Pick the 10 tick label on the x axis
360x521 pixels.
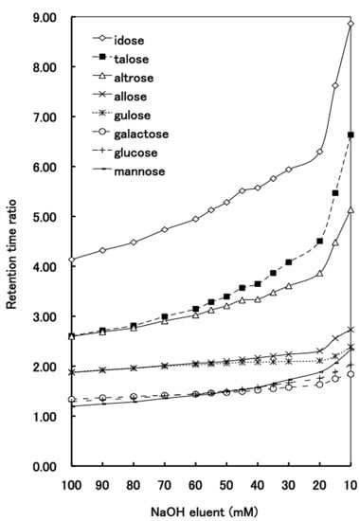click(351, 483)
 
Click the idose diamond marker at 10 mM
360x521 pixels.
click(351, 24)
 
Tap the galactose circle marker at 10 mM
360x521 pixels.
click(351, 374)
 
